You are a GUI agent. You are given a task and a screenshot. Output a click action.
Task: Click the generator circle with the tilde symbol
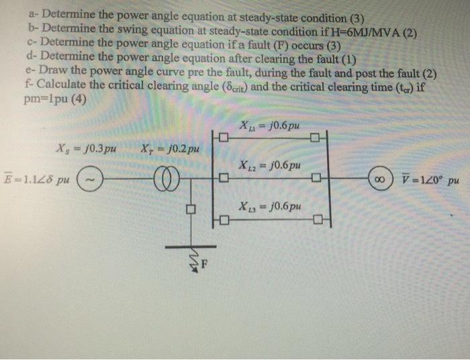[x=91, y=179]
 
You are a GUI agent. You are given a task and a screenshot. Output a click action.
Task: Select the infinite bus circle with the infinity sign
[x=380, y=179]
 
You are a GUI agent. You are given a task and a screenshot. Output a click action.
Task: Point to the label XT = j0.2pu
[x=171, y=148]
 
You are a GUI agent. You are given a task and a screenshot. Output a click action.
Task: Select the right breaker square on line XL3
[x=316, y=220]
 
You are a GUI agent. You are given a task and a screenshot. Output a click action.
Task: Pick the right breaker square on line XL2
[x=316, y=179]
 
